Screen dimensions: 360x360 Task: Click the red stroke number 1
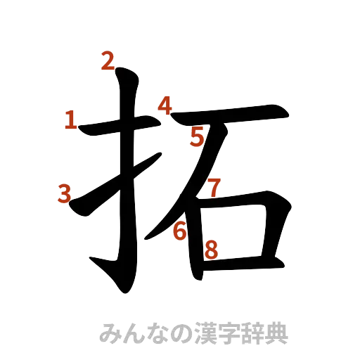coord(70,120)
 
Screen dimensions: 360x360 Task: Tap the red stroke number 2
coord(108,62)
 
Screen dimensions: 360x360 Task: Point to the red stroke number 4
coord(165,106)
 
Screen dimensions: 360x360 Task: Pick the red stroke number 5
coord(198,138)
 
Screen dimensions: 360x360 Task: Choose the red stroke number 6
coord(181,230)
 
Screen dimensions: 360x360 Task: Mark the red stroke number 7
coord(214,187)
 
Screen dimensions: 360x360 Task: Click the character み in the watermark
coord(110,333)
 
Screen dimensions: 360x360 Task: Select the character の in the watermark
coord(181,333)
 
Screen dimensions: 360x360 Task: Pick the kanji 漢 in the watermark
coord(204,333)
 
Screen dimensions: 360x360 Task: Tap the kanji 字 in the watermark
coord(228,333)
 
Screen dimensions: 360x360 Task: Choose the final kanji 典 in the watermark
coord(275,333)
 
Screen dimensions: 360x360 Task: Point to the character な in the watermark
coord(157,333)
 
